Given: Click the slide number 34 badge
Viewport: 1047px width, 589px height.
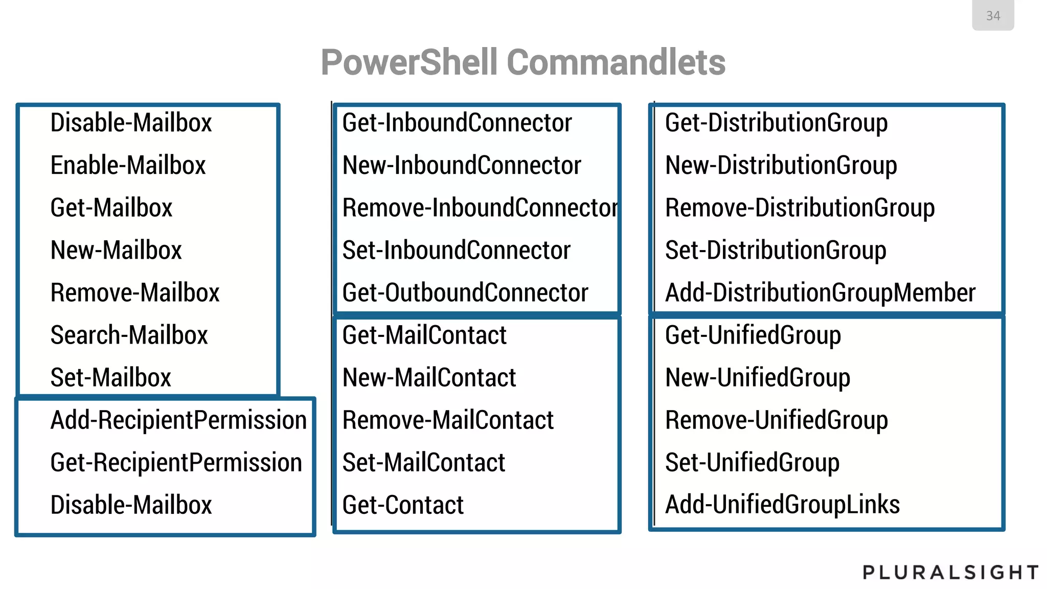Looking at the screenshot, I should point(992,16).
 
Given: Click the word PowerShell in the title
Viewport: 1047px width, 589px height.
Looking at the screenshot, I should point(409,62).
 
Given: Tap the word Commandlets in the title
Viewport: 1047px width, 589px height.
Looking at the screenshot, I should point(616,62).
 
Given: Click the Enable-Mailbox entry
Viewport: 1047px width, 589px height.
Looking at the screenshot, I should point(128,166).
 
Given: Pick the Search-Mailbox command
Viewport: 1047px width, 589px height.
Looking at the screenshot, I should point(129,335).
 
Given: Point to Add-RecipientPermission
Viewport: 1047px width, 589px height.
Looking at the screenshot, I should point(178,420).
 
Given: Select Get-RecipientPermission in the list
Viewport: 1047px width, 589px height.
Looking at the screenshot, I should point(176,463).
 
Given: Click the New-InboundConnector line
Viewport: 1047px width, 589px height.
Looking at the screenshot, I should point(461,166).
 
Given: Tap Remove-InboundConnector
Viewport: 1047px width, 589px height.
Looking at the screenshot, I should point(480,208).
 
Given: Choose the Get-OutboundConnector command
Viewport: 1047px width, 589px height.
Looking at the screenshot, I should point(465,293).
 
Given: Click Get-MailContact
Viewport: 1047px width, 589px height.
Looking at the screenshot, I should point(424,335).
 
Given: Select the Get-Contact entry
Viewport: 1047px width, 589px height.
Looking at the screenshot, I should point(402,505).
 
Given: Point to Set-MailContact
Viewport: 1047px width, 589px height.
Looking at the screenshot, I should point(423,463).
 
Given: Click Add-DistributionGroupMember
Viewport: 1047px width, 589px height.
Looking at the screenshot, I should point(820,293).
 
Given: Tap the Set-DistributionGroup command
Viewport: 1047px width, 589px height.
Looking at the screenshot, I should point(775,251).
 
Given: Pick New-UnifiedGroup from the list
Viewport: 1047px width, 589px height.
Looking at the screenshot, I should point(757,378).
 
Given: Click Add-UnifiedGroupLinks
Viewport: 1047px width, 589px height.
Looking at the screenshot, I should point(782,505).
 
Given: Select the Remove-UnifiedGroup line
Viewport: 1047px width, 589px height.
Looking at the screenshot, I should point(776,420).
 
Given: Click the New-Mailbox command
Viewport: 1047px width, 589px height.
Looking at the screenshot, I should point(116,251).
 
